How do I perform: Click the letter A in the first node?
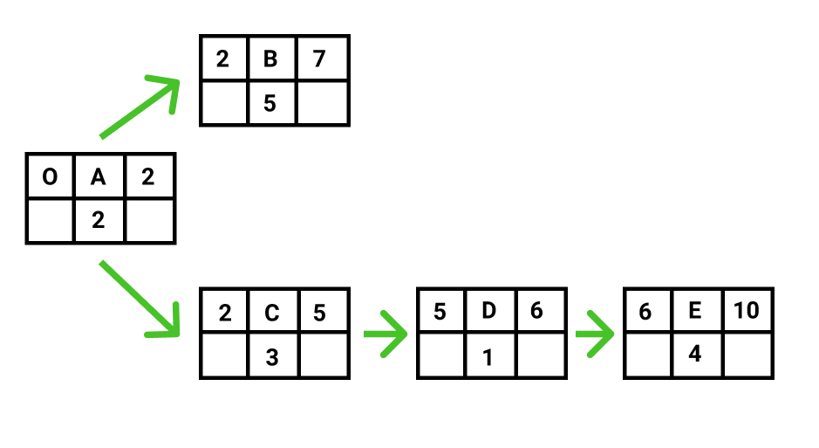(99, 177)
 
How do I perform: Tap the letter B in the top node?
(270, 59)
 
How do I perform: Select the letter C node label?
(271, 313)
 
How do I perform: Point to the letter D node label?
(489, 311)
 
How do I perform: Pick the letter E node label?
(694, 311)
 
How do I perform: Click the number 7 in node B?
(319, 59)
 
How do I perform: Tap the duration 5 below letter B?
(270, 103)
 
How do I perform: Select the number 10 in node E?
(746, 311)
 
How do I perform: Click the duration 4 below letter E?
(694, 354)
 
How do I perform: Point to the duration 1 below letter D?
(488, 357)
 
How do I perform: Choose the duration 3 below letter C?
(271, 357)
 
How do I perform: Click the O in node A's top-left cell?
(50, 176)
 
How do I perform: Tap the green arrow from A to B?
(140, 107)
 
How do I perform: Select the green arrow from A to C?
(140, 299)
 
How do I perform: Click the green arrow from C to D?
(386, 334)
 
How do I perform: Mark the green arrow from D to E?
(594, 334)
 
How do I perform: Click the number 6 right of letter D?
(536, 311)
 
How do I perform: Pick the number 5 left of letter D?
(440, 312)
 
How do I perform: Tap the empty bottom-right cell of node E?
(747, 355)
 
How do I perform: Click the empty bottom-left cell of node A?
(50, 220)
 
